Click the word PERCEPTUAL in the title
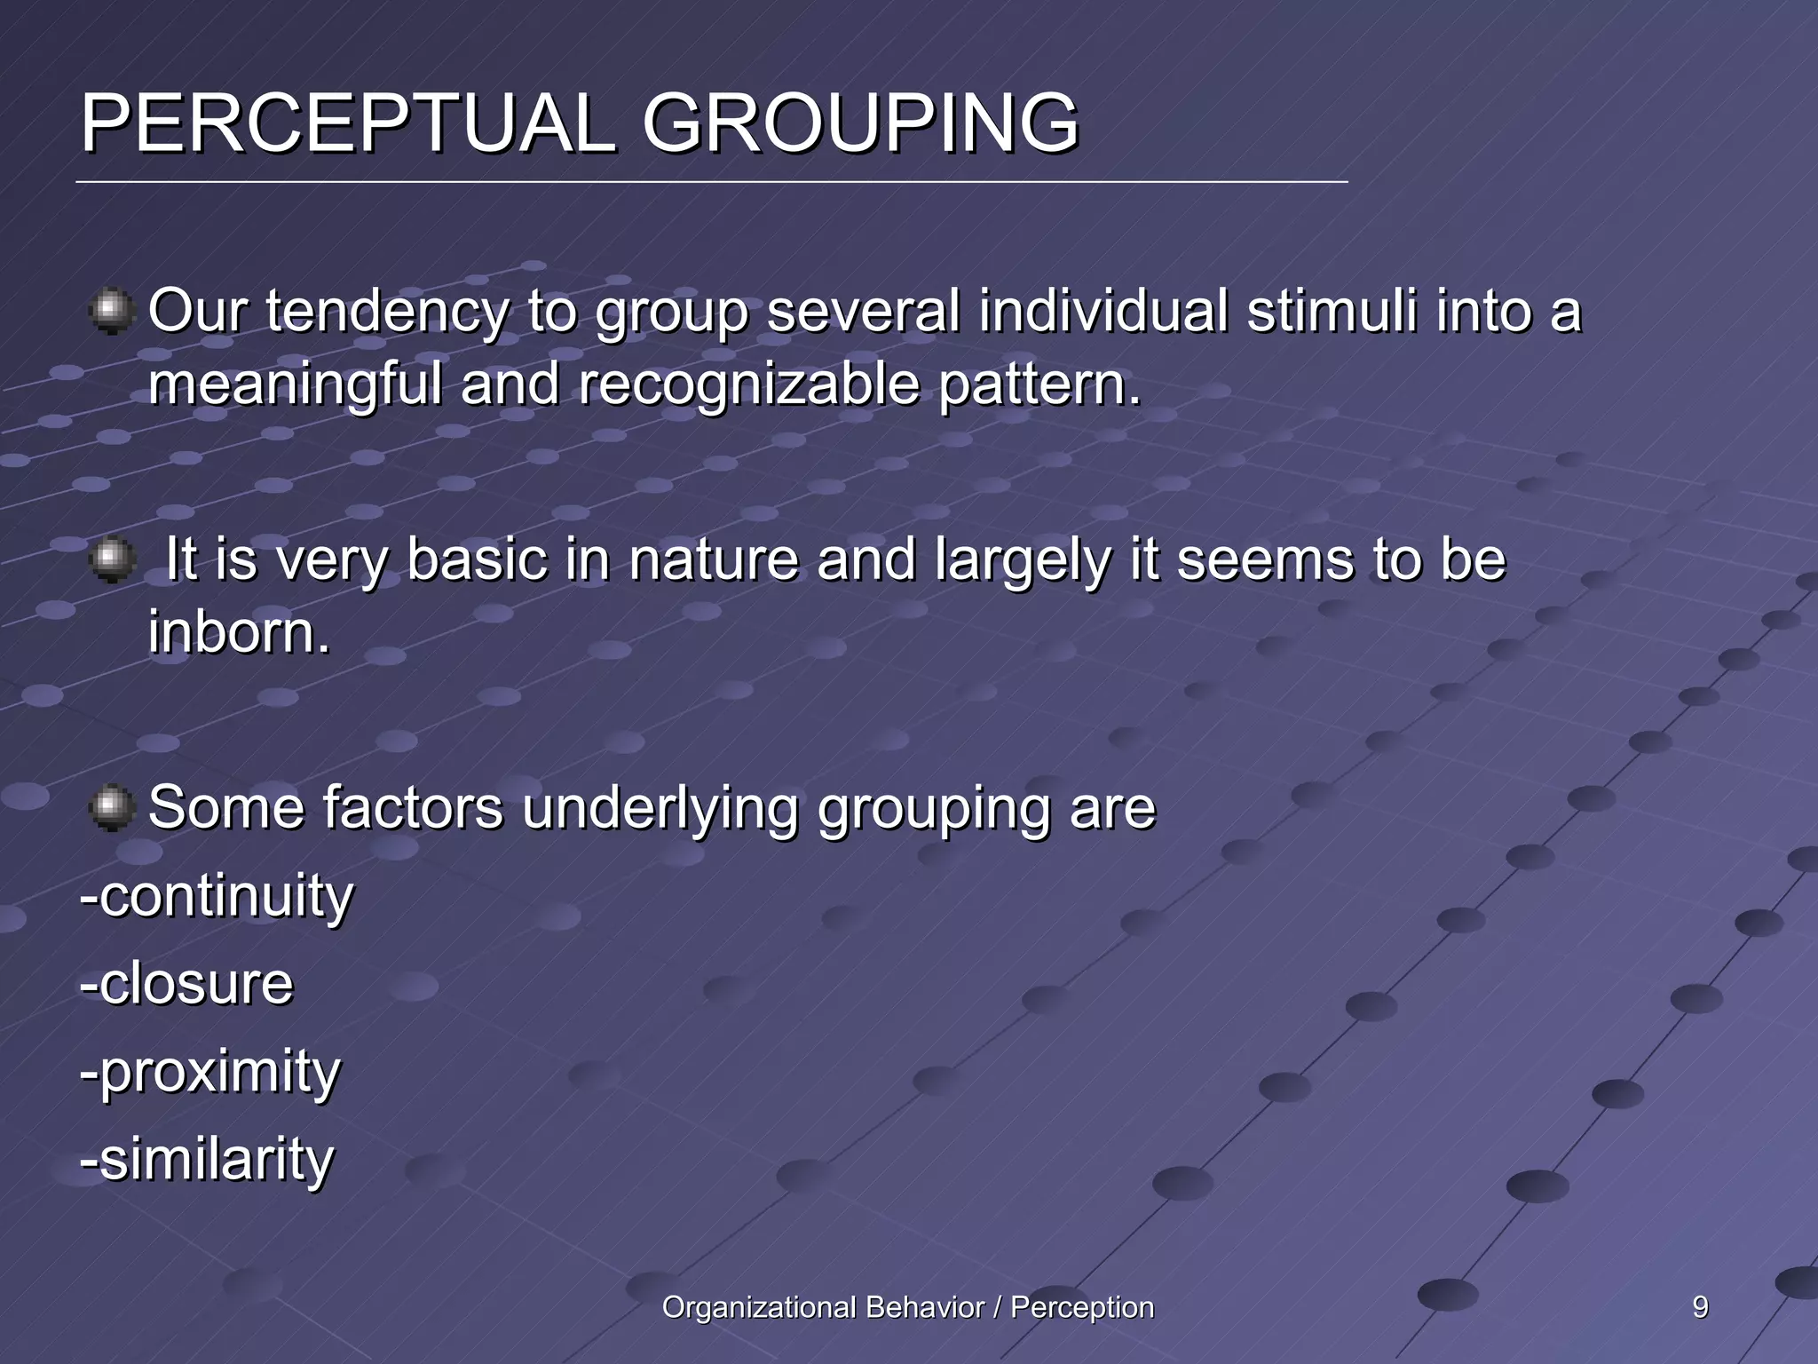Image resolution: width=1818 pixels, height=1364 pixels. coord(348,124)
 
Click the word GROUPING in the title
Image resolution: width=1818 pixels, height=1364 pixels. coord(859,124)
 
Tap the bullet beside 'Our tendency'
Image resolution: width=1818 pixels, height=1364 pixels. coord(111,312)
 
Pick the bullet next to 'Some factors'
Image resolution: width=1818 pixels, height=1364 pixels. coord(111,808)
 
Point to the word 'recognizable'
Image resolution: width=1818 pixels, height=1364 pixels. coord(748,386)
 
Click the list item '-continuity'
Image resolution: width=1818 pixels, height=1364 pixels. coord(217,897)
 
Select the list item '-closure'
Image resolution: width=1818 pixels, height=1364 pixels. coord(186,984)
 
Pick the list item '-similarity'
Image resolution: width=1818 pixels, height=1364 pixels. coord(207,1160)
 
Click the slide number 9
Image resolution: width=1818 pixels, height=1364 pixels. coord(1700,1307)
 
